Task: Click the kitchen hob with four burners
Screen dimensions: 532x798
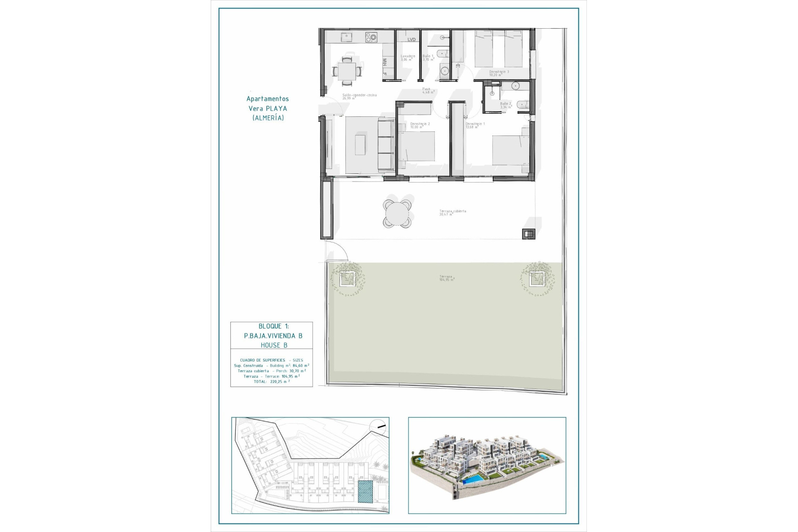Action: click(x=371, y=37)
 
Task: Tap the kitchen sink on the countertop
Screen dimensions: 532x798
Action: click(x=346, y=37)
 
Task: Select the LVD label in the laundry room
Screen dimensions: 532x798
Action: click(x=411, y=39)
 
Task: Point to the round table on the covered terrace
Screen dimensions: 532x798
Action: click(x=397, y=214)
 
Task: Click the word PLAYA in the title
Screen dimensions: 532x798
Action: click(x=276, y=108)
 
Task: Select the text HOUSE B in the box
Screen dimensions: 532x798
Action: click(x=274, y=345)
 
